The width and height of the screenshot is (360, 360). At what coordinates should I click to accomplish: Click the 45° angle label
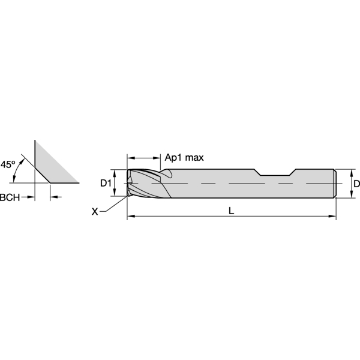click(7, 164)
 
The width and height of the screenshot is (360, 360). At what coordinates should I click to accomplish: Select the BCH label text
click(10, 197)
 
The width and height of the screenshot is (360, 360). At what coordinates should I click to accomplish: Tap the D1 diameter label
click(106, 183)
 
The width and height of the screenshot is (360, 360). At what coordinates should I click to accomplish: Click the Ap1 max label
click(184, 157)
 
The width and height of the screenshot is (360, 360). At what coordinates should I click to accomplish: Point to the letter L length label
click(232, 211)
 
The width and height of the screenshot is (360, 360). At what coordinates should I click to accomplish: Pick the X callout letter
click(95, 211)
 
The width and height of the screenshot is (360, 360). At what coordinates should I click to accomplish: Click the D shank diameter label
click(356, 184)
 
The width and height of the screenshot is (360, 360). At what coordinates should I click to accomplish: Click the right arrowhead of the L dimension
click(332, 216)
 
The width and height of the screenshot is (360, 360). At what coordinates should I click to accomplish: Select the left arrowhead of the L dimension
click(131, 216)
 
